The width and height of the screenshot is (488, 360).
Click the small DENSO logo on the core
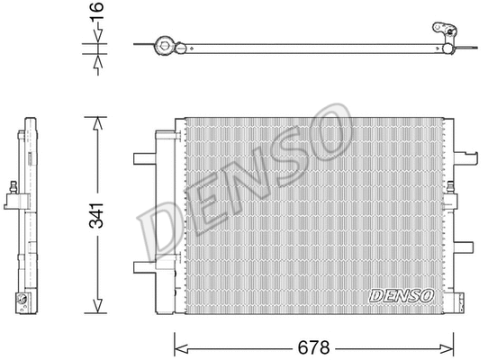coord(402,295)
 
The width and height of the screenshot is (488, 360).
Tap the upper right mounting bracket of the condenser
coord(468,159)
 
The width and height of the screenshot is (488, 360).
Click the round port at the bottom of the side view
coord(23,301)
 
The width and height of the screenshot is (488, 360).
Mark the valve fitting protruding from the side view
coord(14,190)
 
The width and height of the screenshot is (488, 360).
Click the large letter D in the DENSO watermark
coord(162,232)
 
